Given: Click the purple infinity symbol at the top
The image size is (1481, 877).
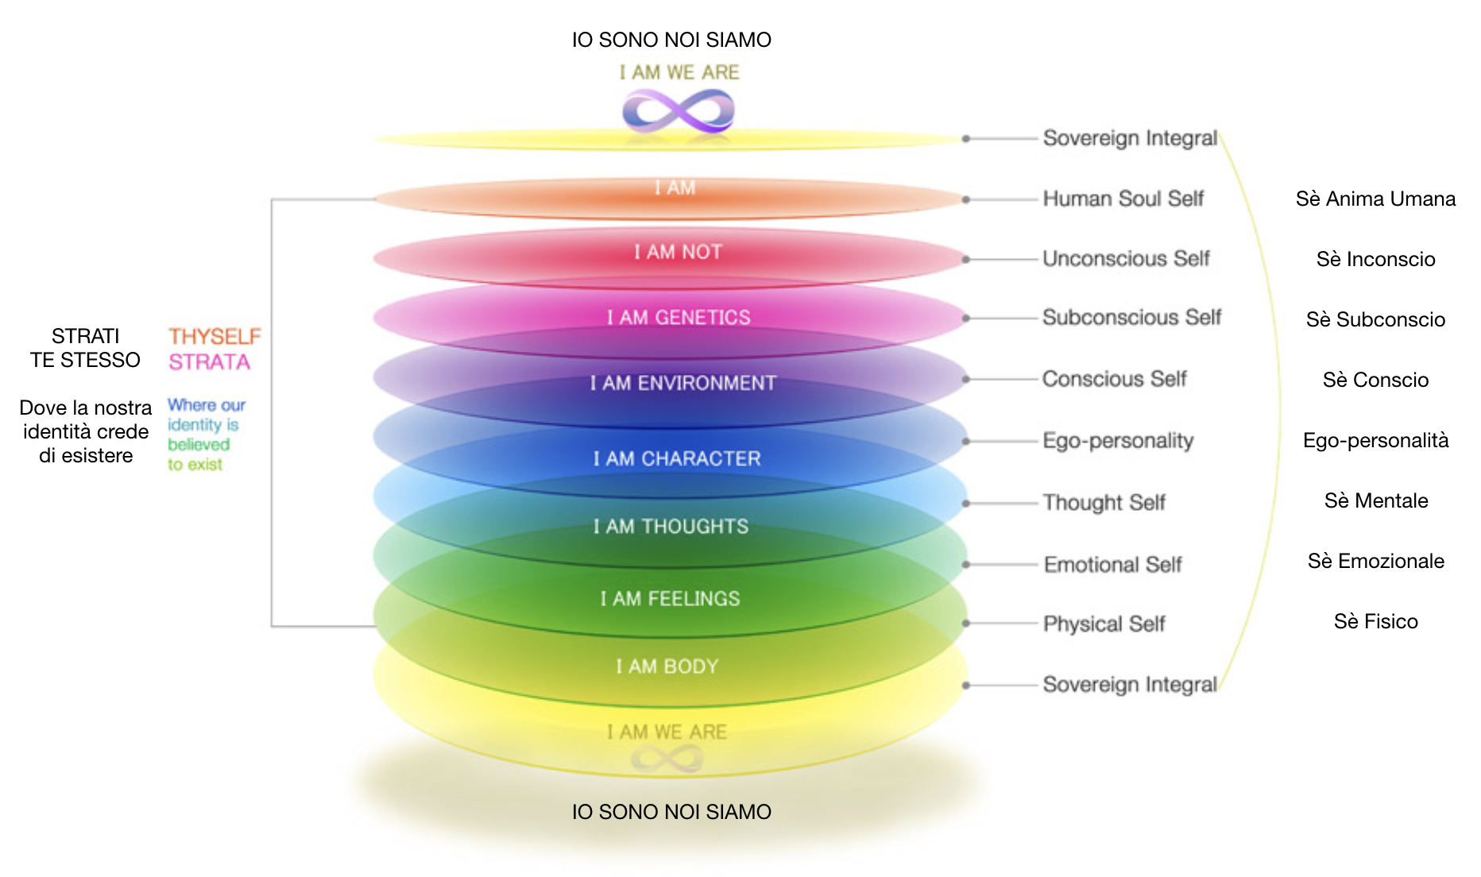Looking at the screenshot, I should pyautogui.click(x=678, y=110).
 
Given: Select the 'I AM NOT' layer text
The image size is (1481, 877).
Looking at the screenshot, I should pyautogui.click(x=678, y=252).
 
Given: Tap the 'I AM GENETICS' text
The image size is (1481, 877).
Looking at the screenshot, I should pyautogui.click(x=679, y=318).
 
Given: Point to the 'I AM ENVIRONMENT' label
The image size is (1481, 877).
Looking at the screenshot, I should pyautogui.click(x=682, y=383).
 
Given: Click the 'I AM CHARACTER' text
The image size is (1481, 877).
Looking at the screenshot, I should pyautogui.click(x=677, y=458).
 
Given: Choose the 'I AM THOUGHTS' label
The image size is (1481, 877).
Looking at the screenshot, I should pyautogui.click(x=671, y=526).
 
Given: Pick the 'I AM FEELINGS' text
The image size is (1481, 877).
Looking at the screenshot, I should pyautogui.click(x=670, y=598).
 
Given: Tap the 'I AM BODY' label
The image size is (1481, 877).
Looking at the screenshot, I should pyautogui.click(x=667, y=666).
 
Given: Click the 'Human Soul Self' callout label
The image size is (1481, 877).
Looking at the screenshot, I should pyautogui.click(x=1123, y=199).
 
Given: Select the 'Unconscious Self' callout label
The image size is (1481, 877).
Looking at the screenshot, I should pyautogui.click(x=1126, y=259).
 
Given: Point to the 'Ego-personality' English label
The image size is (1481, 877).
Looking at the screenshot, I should pyautogui.click(x=1118, y=441).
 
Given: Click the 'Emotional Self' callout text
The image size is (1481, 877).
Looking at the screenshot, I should pyautogui.click(x=1112, y=564).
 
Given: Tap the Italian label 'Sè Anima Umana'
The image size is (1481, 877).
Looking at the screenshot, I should pyautogui.click(x=1375, y=199).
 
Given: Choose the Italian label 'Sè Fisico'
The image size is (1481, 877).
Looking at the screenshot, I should pyautogui.click(x=1375, y=621).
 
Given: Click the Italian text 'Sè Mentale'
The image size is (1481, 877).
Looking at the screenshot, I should pyautogui.click(x=1375, y=500).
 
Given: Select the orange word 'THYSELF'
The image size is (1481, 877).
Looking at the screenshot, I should pyautogui.click(x=215, y=337).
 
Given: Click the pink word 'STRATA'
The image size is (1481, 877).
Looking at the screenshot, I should pyautogui.click(x=209, y=362).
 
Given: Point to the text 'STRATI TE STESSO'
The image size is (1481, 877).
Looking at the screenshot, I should pyautogui.click(x=85, y=348).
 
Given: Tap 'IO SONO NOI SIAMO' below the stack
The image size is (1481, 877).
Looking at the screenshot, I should pyautogui.click(x=671, y=812).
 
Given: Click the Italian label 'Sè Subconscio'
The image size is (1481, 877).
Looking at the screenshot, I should pyautogui.click(x=1375, y=319).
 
